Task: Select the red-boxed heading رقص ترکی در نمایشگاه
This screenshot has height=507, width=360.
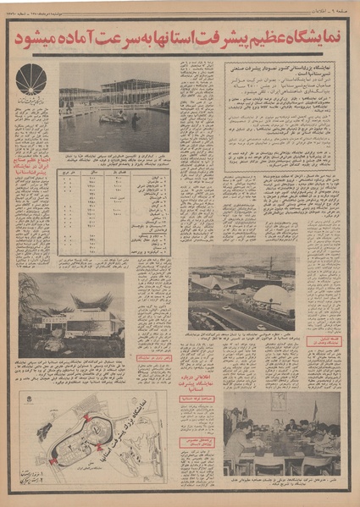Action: (147, 370)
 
